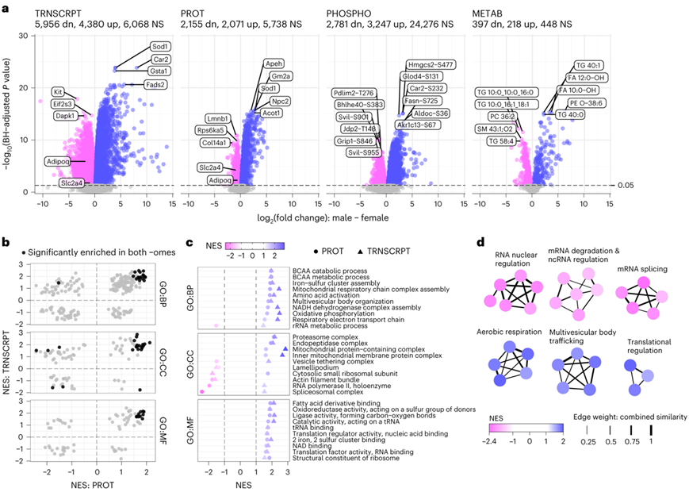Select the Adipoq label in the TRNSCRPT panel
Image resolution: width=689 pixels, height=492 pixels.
click(x=59, y=161)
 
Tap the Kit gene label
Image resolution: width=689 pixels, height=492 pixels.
click(x=59, y=92)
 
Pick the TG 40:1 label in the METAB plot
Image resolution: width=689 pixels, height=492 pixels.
click(x=591, y=64)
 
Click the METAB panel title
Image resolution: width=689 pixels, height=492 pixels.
click(x=492, y=14)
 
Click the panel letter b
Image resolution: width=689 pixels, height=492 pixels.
click(x=7, y=236)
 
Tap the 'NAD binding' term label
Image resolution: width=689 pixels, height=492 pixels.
click(x=313, y=443)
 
